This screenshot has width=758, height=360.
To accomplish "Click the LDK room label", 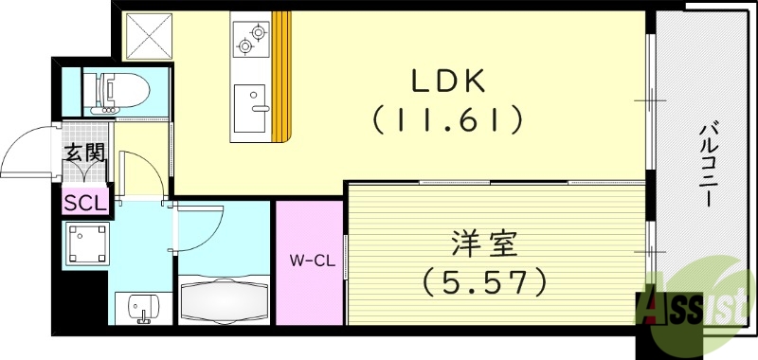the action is [x=447, y=82].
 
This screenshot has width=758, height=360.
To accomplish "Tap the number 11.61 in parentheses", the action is [x=447, y=120].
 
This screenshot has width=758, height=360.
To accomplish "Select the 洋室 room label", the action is [x=483, y=244].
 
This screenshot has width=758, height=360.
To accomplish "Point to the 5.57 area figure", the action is [x=485, y=280].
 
